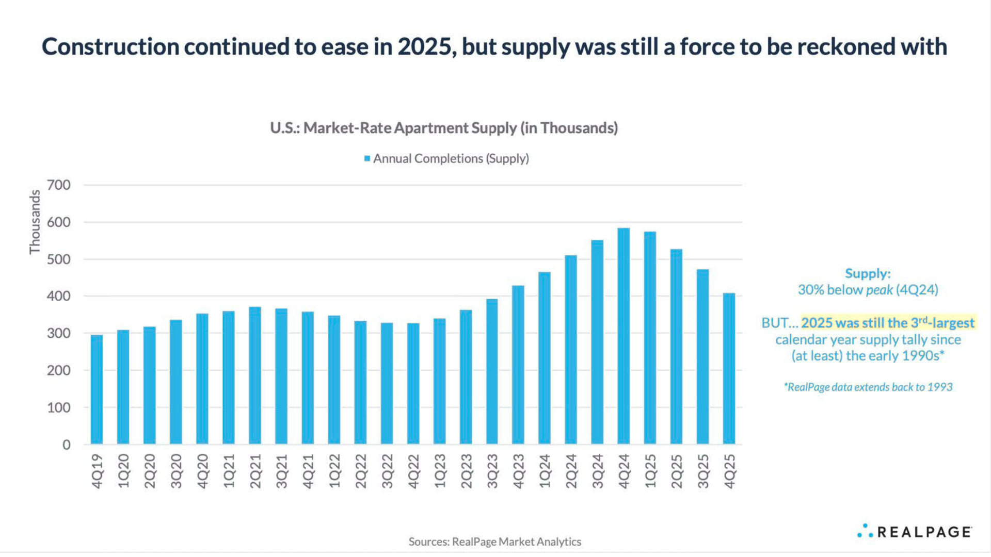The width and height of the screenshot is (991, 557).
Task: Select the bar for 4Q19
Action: (x=97, y=390)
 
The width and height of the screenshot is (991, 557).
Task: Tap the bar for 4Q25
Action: (x=729, y=369)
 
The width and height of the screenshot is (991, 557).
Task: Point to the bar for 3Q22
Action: (x=387, y=384)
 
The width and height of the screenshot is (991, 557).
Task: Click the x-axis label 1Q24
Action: (x=545, y=471)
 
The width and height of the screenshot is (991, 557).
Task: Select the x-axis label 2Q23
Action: (x=466, y=471)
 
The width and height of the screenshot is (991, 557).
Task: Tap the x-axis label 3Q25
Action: (x=703, y=471)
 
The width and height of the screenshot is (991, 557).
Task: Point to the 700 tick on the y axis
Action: (x=59, y=185)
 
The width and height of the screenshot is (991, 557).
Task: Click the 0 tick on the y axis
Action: (x=67, y=445)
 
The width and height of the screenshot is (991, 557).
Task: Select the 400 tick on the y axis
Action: (x=59, y=297)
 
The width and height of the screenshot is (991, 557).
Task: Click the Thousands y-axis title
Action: (x=35, y=222)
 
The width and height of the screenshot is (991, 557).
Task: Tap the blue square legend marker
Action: (x=367, y=159)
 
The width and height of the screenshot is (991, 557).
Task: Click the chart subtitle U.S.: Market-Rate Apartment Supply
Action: (x=444, y=128)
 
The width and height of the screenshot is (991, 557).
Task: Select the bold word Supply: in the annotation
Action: (x=868, y=273)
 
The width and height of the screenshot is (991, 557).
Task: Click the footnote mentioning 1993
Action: (x=868, y=387)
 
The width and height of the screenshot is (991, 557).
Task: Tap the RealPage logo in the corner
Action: (x=915, y=532)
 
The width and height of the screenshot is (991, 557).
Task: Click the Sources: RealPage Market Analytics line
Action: (x=494, y=542)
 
